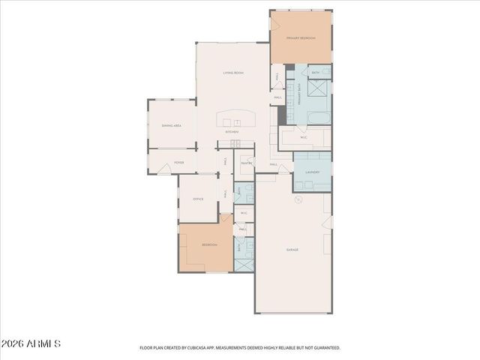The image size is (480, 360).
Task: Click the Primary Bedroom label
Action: coord(300,37)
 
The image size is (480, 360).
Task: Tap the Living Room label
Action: coord(232,73)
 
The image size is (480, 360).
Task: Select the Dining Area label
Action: coord(172,125)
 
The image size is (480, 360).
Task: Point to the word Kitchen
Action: coord(232,132)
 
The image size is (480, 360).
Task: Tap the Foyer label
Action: coord(179,162)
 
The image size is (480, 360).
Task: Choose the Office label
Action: coord(198,199)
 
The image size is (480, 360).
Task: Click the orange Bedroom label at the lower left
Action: coord(209,245)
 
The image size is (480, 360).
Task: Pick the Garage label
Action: coord(292,249)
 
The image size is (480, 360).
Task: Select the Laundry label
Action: coord(312,172)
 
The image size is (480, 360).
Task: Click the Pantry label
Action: coord(247,163)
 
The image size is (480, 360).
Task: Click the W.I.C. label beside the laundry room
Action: coord(304,137)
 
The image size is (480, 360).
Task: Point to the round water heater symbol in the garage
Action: coord(298,199)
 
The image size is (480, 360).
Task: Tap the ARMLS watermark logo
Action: coord(31,343)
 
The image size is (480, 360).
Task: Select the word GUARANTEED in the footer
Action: coord(327,348)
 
